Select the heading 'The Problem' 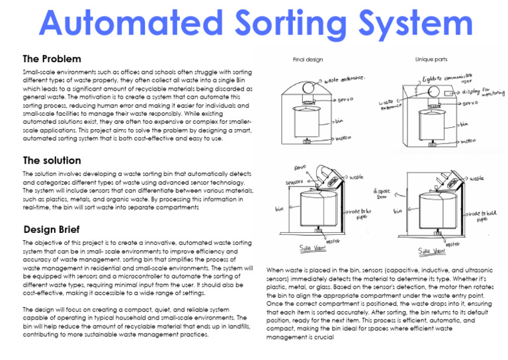click(52, 59)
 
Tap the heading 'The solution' click(52, 160)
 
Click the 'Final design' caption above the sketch click(308, 60)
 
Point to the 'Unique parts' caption click(431, 60)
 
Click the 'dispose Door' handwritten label click(383, 194)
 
